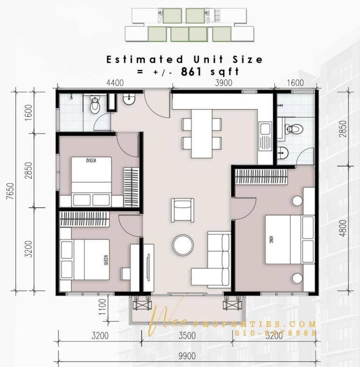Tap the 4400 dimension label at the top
(x=115, y=83)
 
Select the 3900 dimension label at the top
(x=223, y=83)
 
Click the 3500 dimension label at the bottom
(x=187, y=335)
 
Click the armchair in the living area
(x=182, y=211)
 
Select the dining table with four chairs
(x=202, y=133)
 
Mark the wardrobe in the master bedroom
(x=261, y=176)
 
